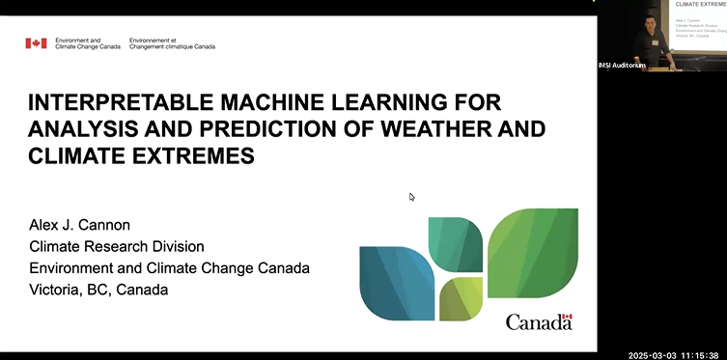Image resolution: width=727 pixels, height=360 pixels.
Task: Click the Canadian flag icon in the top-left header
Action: (35, 43)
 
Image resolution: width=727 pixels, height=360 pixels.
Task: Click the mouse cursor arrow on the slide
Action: (412, 197)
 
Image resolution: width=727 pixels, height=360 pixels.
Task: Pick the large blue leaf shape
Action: (396, 282)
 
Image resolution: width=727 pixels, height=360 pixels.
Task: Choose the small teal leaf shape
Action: (455, 243)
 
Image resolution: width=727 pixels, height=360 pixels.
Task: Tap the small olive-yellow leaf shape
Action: (460, 299)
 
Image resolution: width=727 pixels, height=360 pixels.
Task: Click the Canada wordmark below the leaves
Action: (538, 321)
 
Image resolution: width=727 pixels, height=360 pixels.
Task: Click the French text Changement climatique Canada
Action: (173, 46)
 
